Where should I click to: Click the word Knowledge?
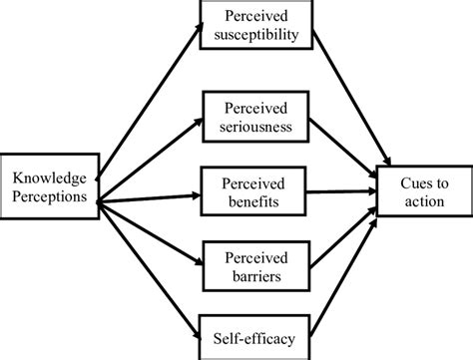point(50,177)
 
